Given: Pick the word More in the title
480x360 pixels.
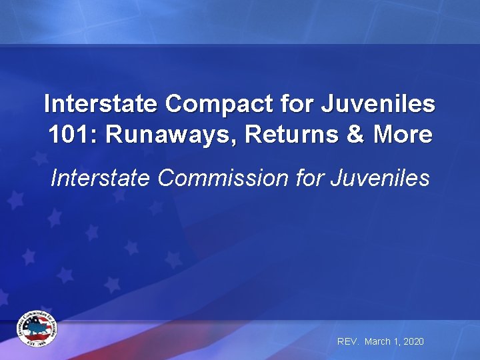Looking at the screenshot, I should coord(403,135).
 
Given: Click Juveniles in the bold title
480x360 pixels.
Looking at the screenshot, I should coord(379,104).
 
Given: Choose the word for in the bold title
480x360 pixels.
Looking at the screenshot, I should coord(297,104).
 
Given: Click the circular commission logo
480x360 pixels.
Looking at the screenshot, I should coord(37,329).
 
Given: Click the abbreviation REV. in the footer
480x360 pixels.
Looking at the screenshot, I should coord(348,341).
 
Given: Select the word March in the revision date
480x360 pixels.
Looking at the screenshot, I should coord(378,341).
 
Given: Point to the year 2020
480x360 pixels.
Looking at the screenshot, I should coord(413,341).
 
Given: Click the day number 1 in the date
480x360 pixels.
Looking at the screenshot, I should coord(396,341).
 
